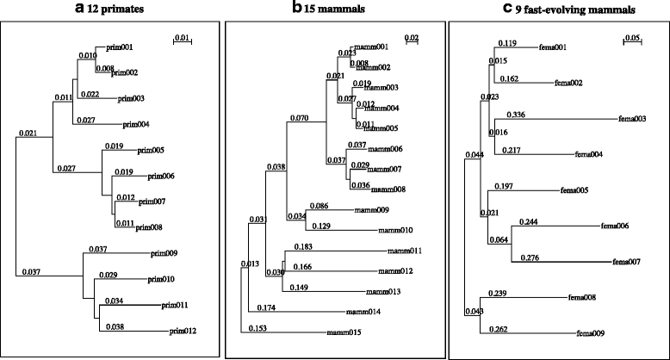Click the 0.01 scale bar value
pyautogui.click(x=183, y=37)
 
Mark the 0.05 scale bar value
pyautogui.click(x=632, y=38)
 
